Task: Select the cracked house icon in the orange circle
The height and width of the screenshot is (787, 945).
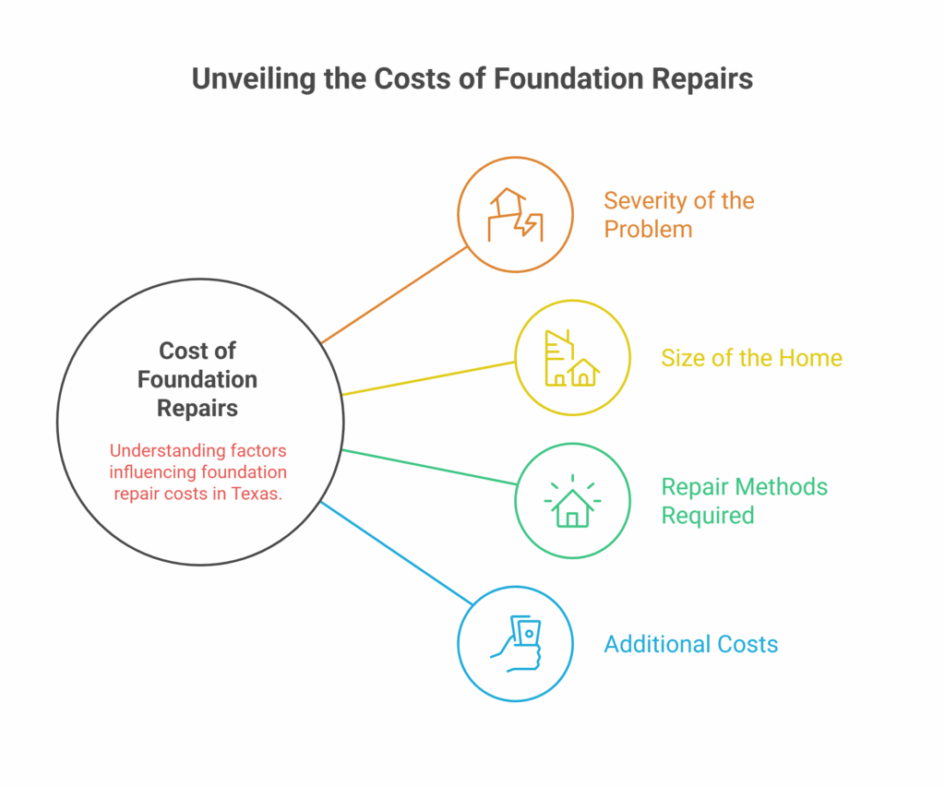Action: pos(515,215)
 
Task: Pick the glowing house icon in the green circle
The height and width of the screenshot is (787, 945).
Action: pos(572,501)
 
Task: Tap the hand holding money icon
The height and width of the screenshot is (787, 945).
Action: pos(516,644)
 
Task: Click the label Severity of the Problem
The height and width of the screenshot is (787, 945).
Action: pos(679,215)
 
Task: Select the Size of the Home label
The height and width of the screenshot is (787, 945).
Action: pos(751,358)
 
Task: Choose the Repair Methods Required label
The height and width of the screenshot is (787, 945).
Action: pos(745,501)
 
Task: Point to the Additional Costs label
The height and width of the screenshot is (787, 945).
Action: pos(691,644)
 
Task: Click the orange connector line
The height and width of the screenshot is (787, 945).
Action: pos(394,294)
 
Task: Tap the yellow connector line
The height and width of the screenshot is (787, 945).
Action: pos(428,378)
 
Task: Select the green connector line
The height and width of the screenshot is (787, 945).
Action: pos(429,467)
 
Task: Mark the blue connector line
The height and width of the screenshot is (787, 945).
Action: pos(396,553)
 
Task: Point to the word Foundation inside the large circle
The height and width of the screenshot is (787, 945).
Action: pos(197,379)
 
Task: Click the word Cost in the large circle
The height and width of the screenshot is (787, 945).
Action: pos(179,351)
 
